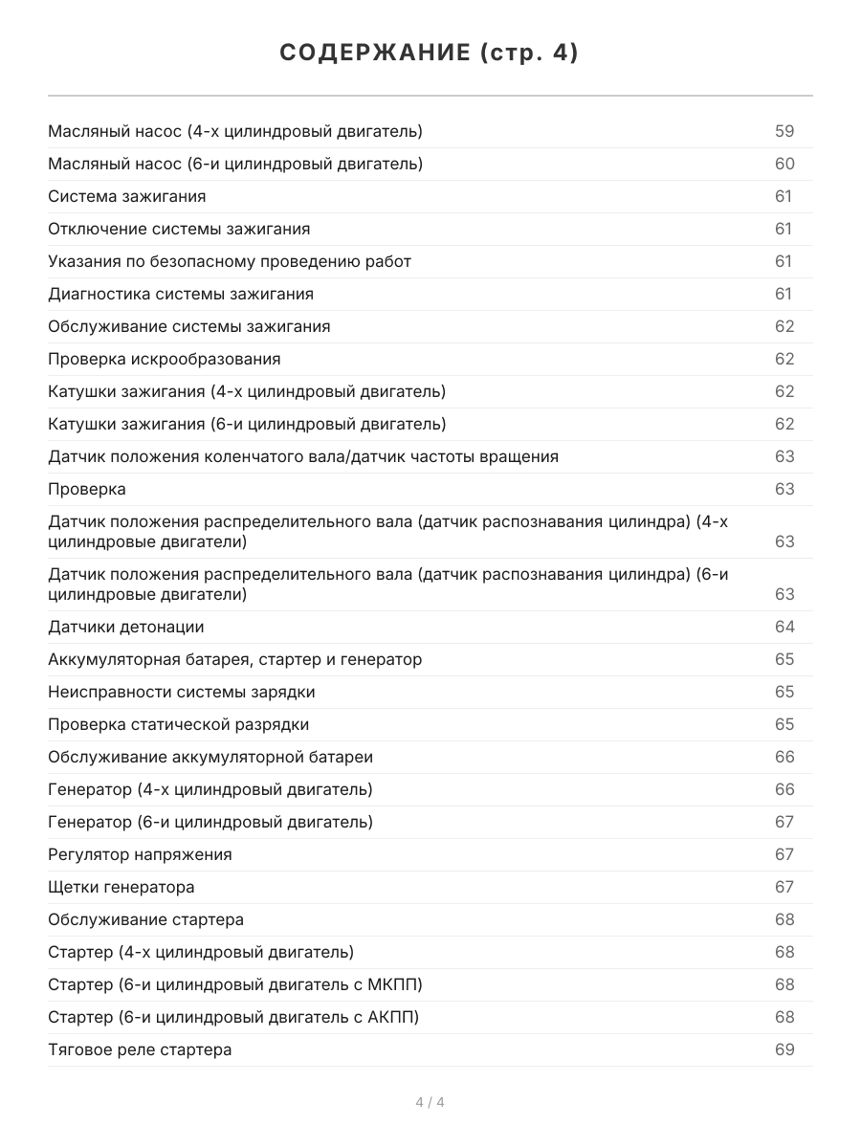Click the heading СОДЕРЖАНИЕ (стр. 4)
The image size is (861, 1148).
[x=430, y=54]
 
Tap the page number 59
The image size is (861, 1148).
[x=784, y=131]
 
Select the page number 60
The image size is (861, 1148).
[x=784, y=164]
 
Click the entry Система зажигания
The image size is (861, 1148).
[x=127, y=196]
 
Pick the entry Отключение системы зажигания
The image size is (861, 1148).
[x=179, y=229]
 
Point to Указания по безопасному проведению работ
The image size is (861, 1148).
[x=230, y=261]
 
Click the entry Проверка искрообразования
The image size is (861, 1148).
[x=165, y=359]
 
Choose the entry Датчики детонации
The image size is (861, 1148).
[x=126, y=627]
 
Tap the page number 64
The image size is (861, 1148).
[x=784, y=627]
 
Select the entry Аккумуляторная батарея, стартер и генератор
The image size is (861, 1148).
[x=234, y=659]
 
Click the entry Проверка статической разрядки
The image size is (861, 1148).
[x=179, y=724]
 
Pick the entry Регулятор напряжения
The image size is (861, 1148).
[x=140, y=854]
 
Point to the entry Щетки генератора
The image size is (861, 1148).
[x=121, y=887]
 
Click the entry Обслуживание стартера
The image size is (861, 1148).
[x=146, y=919]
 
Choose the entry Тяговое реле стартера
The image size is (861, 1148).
[x=140, y=1049]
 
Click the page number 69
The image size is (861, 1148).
[x=784, y=1049]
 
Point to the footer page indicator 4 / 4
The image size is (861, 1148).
[x=430, y=1102]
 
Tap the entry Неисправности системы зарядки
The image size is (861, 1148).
[x=182, y=692]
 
